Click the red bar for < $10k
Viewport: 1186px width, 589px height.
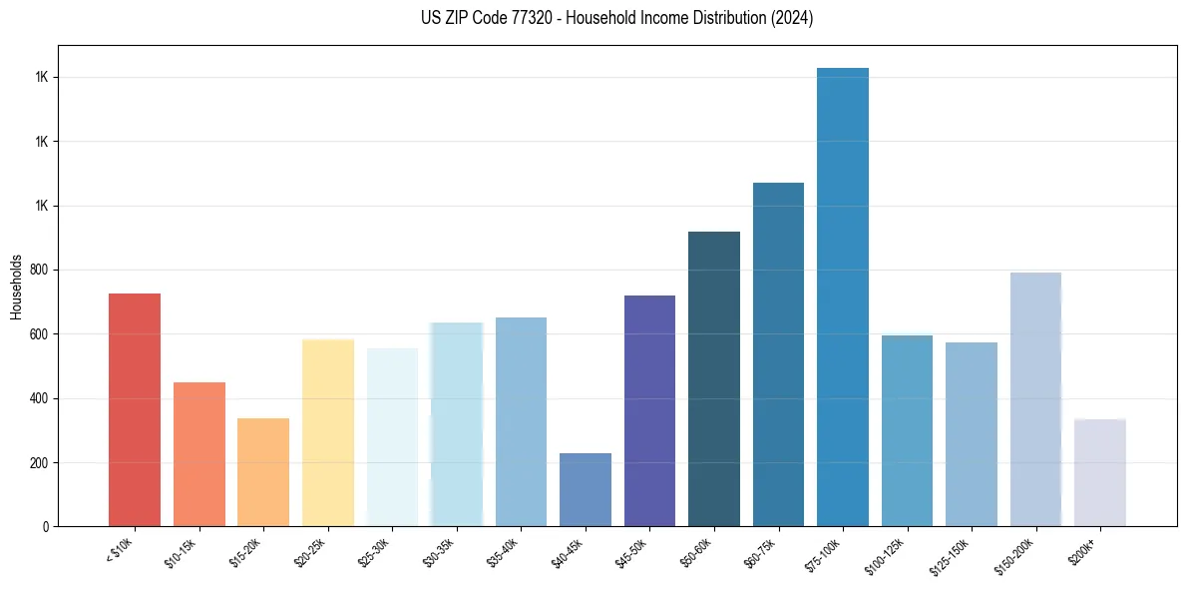tap(135, 409)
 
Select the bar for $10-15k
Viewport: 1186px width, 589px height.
tap(198, 454)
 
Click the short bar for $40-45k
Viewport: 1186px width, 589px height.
tap(586, 489)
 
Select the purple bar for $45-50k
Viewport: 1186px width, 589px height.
tap(649, 410)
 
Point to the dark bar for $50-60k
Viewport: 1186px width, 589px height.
tap(714, 378)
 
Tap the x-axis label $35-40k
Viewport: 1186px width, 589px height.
tap(505, 552)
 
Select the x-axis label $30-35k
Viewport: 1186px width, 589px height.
tap(440, 552)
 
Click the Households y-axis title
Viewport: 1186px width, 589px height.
tap(16, 286)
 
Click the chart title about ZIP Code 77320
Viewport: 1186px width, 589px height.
tap(617, 18)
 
